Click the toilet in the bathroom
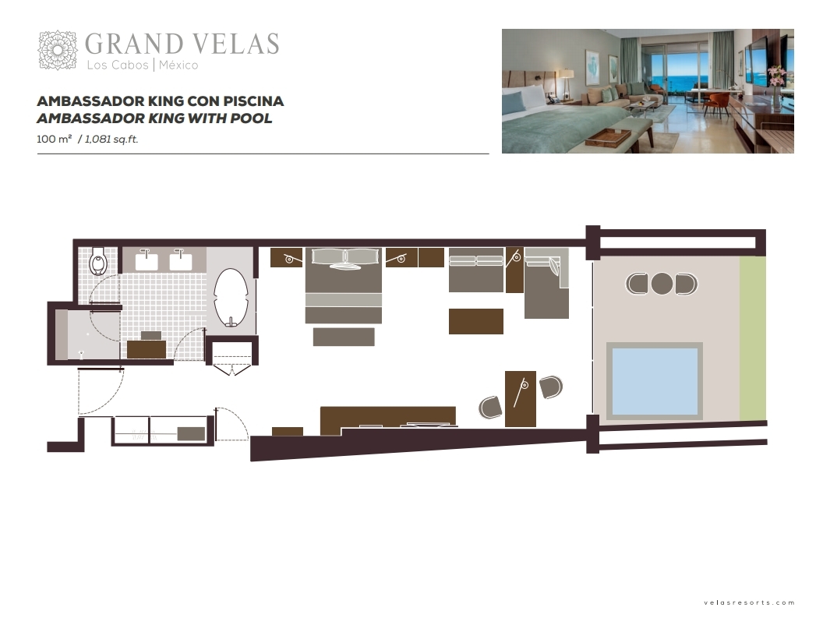pos(98,261)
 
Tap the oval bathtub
pos(231,298)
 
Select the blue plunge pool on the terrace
pos(655,380)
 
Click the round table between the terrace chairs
pos(662,284)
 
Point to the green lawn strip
pos(753,338)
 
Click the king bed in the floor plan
pos(343,286)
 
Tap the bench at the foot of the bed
pos(344,337)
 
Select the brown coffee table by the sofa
pos(476,321)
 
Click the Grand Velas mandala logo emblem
pos(58,50)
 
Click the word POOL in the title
pos(252,118)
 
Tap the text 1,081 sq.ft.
pos(111,139)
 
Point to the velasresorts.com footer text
pos(749,602)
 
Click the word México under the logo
pos(178,65)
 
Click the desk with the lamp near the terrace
pos(521,399)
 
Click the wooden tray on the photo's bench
pos(608,137)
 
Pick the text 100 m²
pos(54,139)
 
